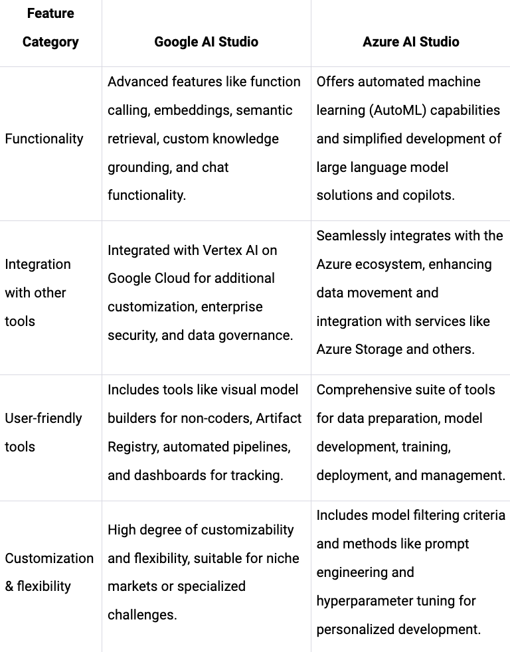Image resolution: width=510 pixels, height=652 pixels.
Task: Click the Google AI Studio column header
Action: point(206,42)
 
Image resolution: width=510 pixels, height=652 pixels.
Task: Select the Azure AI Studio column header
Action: point(410,42)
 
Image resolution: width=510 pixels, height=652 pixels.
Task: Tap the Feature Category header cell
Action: point(50,28)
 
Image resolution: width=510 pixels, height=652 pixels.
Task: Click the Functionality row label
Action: point(44,139)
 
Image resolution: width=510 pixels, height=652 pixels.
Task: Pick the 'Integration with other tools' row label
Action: point(37,293)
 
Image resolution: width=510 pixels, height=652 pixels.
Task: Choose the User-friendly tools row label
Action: point(43,432)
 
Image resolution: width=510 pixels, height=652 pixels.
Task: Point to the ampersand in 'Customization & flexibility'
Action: point(9,587)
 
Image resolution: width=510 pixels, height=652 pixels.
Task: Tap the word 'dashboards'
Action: point(169,475)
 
